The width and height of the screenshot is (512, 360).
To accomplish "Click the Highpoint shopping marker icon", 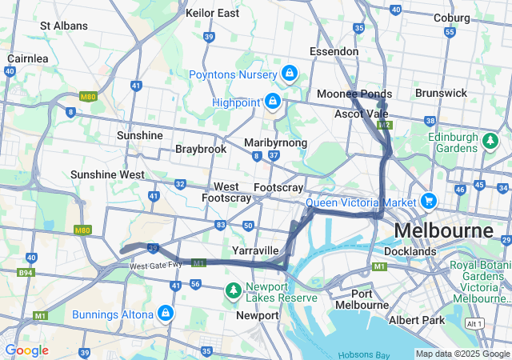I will pyautogui.click(x=273, y=102).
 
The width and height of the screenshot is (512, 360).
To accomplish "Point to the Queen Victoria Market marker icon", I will pyautogui.click(x=429, y=201).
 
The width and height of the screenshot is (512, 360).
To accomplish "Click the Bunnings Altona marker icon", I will pyautogui.click(x=166, y=312).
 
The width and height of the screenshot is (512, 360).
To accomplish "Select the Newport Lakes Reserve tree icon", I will pyautogui.click(x=233, y=289).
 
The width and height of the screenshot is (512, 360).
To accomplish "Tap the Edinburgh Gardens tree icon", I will pyautogui.click(x=490, y=141).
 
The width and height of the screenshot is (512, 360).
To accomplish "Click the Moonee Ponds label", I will pyautogui.click(x=354, y=94).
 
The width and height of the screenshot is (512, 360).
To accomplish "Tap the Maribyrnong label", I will pyautogui.click(x=276, y=142).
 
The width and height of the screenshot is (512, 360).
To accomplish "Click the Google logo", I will pyautogui.click(x=26, y=350).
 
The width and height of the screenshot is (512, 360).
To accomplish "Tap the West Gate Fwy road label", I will pyautogui.click(x=153, y=266).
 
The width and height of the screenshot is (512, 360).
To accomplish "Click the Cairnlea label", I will pyautogui.click(x=28, y=58).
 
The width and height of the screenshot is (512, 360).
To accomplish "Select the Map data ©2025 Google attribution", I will pyautogui.click(x=462, y=354).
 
